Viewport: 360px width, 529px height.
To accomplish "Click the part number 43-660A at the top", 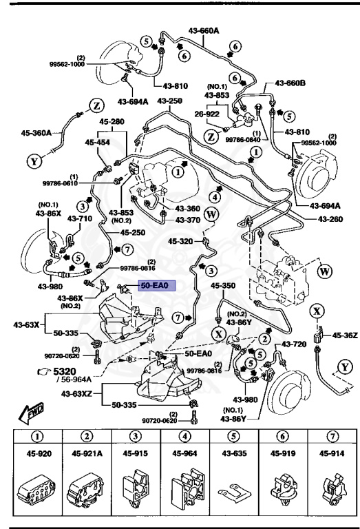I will click(204, 31).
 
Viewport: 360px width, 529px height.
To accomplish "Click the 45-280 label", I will click(112, 122).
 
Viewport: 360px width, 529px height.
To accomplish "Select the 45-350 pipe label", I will click(223, 284).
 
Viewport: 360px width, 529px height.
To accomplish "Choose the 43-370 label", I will click(187, 220).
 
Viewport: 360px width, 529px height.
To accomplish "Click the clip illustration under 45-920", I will click(34, 489).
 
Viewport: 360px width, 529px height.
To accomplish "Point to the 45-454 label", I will click(98, 143).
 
